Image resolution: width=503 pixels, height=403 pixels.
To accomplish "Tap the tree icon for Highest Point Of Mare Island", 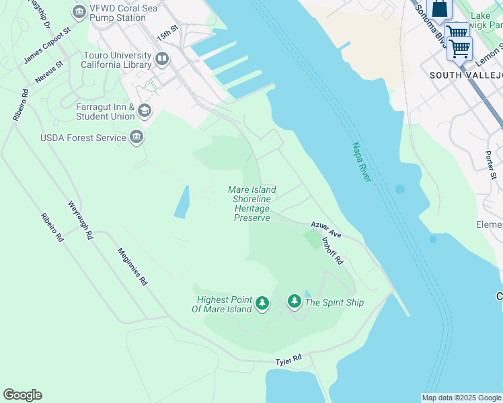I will tap(262, 304).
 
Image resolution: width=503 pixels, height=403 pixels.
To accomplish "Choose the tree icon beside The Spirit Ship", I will tap(294, 302).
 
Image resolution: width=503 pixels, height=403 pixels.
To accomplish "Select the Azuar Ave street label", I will tap(326, 230).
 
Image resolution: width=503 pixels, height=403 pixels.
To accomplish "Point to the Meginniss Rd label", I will tap(132, 266).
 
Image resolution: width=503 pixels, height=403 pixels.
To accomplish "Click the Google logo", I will tap(22, 395).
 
